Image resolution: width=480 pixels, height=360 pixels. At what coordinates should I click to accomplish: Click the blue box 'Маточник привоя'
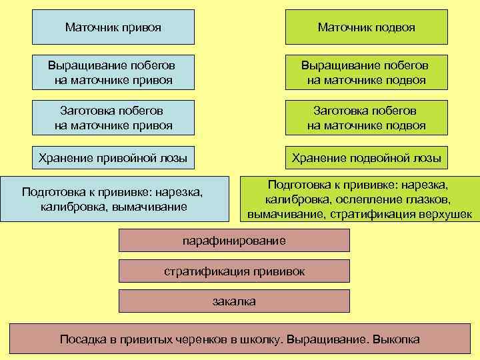[x=113, y=27]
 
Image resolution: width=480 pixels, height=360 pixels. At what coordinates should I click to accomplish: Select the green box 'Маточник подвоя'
[x=366, y=27]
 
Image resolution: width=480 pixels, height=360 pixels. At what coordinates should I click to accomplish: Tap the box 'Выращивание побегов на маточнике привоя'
[x=113, y=73]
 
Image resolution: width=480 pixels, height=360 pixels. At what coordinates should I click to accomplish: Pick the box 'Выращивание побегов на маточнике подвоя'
[x=366, y=73]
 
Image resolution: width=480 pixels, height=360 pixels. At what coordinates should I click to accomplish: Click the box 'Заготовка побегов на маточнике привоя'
[x=113, y=117]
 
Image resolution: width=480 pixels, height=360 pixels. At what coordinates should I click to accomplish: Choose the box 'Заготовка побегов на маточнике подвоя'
[x=366, y=117]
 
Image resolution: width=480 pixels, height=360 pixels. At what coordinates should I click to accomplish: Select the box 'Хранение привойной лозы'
[x=113, y=158]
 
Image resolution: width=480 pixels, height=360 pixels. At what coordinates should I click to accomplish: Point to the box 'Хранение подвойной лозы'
[x=366, y=158]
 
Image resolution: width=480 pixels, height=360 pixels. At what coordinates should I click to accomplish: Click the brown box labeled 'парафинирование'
[x=234, y=240]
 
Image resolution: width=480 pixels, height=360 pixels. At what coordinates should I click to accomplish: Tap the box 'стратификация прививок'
[x=234, y=271]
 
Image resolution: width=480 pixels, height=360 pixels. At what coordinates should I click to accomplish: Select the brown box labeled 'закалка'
[x=234, y=301]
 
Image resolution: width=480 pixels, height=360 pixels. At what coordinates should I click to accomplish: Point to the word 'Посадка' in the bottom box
[x=81, y=339]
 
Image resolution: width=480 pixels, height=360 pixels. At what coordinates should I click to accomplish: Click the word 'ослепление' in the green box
[x=358, y=199]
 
